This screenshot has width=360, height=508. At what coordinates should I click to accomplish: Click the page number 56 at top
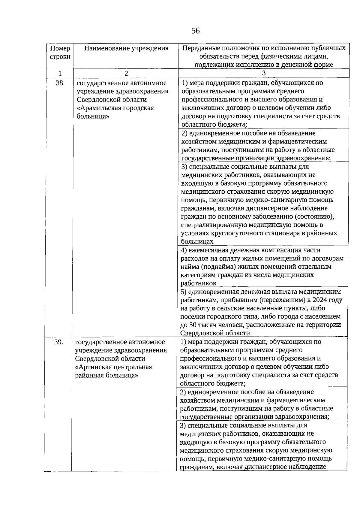[195, 31]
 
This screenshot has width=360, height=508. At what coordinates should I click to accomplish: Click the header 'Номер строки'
[60, 52]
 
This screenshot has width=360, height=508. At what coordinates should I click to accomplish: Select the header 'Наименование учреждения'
[126, 48]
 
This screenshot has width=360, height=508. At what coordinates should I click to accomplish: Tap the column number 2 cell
[126, 73]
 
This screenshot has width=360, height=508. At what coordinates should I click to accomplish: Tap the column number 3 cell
[263, 73]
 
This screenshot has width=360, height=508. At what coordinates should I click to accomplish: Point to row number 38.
[60, 83]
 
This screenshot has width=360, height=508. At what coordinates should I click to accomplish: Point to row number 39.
[59, 342]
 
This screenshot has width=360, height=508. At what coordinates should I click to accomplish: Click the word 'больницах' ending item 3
[197, 242]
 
